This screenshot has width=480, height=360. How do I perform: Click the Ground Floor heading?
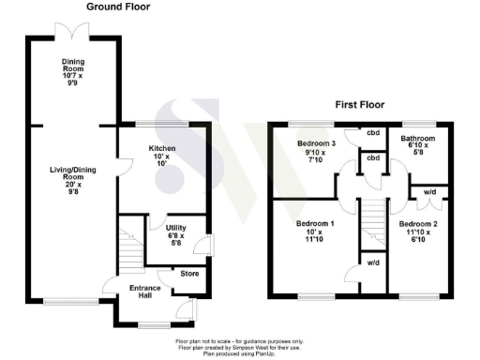(118, 7)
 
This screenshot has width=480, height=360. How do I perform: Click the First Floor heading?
(360, 105)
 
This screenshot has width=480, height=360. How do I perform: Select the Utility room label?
(176, 228)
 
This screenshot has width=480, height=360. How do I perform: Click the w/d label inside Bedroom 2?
(430, 192)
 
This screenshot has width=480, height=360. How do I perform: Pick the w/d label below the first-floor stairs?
(373, 262)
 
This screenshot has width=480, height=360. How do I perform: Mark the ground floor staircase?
(128, 248)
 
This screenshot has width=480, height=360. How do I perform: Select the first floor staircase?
(373, 225)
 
